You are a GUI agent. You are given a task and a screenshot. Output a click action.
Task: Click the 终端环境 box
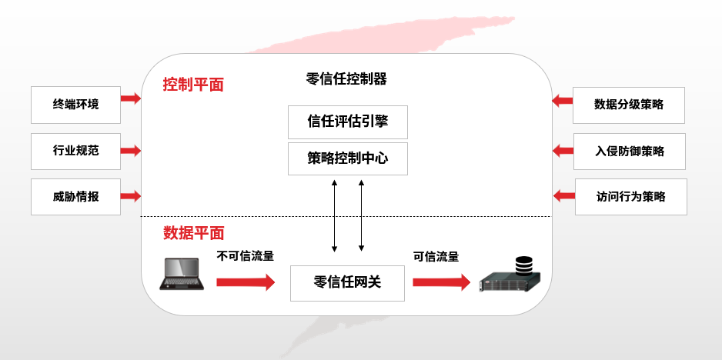75,105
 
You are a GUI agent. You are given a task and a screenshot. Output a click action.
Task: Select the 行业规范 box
75,151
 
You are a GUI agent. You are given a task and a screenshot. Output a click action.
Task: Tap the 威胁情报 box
75,196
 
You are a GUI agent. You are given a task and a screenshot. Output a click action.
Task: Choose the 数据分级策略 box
629,105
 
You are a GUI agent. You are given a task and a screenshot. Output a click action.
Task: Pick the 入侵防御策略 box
630,151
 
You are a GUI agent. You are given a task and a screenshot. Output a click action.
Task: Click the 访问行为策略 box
630,196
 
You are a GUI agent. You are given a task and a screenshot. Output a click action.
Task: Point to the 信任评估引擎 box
347,122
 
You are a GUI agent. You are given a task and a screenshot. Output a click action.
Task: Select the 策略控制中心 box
347,159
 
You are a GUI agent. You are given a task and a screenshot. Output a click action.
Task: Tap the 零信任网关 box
347,282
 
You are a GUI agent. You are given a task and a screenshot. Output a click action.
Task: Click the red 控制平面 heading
193,85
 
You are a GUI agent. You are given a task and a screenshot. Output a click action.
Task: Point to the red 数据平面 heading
193,233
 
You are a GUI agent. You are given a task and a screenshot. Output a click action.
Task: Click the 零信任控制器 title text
346,78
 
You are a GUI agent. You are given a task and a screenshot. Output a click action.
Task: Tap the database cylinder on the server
523,266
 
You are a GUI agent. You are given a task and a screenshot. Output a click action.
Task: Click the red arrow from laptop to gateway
245,282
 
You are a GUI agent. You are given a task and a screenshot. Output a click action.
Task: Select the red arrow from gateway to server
441,282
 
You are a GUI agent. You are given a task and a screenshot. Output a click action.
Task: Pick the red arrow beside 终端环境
131,98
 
